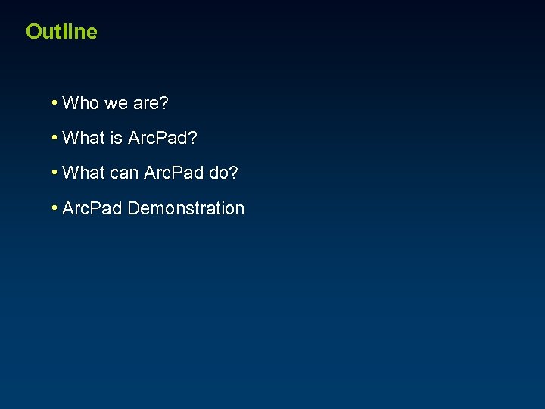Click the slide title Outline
coord(61,32)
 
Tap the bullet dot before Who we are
coord(55,102)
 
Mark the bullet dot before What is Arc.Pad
coord(55,137)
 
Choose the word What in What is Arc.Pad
coord(84,138)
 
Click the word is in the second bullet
coord(117,138)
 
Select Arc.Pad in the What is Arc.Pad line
coord(157,138)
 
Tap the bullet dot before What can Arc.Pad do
coord(55,172)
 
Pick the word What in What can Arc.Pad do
coord(84,173)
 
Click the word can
coord(125,173)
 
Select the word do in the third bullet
coord(219,173)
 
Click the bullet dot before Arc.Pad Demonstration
coord(55,207)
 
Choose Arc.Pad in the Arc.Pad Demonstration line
coord(92,208)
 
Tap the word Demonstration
coord(186,208)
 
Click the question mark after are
coord(164,103)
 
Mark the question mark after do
coord(234,173)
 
